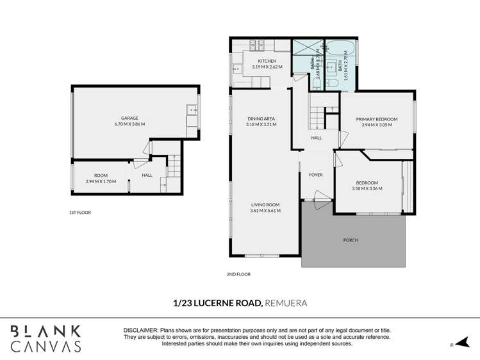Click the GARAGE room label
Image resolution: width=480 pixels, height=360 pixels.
click(x=129, y=118)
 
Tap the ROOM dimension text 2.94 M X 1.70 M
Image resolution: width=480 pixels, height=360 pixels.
click(x=101, y=181)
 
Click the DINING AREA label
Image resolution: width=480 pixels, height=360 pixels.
click(x=261, y=119)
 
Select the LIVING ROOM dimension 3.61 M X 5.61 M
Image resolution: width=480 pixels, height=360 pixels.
click(x=265, y=211)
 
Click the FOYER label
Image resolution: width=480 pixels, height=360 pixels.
click(x=316, y=174)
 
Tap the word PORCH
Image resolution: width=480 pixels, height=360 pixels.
click(x=350, y=240)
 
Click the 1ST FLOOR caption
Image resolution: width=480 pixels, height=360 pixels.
click(x=80, y=212)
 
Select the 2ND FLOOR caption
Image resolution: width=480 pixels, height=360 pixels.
click(x=239, y=274)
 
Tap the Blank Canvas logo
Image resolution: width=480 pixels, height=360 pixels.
click(x=46, y=338)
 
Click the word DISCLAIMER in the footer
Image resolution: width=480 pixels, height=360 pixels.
click(x=142, y=329)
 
